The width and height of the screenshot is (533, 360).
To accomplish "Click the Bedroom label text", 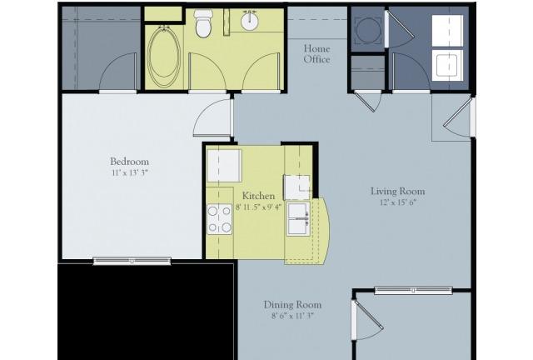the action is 130,162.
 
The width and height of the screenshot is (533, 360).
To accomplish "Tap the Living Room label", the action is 398,191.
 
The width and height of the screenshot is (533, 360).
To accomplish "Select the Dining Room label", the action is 292,304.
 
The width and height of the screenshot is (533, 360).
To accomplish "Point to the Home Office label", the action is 316,54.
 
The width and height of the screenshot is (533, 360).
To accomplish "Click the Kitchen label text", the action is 258,196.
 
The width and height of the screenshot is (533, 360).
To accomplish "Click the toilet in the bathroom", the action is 203,23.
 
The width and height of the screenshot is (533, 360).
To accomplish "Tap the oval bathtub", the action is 165,57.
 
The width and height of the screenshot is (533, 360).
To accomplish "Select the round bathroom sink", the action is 250,20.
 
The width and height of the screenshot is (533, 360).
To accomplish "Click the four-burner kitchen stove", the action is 220,219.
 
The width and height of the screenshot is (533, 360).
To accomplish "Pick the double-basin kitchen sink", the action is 298,219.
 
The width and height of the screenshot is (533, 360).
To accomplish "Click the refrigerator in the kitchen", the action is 224,165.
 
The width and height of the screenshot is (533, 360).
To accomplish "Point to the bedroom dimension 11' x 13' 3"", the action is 130,172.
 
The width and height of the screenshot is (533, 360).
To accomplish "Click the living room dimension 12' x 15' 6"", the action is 398,202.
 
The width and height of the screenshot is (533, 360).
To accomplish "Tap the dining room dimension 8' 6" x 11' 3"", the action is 292,316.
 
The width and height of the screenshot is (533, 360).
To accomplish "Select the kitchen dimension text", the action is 258,207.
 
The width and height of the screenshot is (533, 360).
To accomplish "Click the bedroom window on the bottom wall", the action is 132,261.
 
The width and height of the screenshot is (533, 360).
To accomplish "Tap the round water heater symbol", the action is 367,30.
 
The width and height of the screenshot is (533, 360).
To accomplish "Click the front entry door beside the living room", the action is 458,115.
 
